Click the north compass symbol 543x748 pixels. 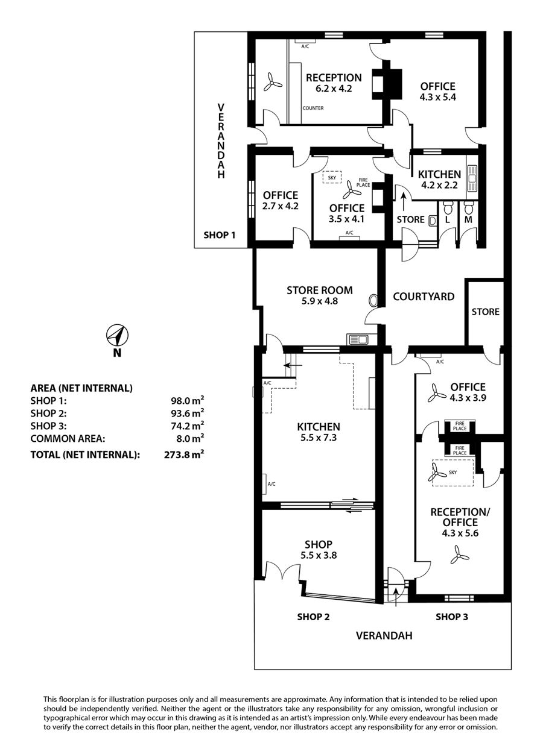tap(118, 335)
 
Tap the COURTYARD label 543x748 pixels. tap(424, 297)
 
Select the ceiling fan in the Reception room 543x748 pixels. tap(273, 82)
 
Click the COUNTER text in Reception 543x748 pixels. tap(313, 108)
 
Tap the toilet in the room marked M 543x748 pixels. tap(469, 208)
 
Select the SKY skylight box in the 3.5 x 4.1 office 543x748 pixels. tap(332, 177)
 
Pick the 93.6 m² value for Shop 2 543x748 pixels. tap(187, 413)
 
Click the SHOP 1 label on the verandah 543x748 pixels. tap(220, 235)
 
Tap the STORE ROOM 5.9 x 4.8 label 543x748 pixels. tap(320, 295)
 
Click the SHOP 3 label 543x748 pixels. tap(452, 617)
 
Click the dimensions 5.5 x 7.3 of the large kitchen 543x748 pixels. tap(319, 438)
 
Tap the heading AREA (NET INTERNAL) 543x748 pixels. tap(81, 388)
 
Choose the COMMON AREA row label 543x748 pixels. tap(68, 438)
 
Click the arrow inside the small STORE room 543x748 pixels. tap(404, 201)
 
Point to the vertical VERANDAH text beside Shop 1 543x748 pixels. tap(221, 141)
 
